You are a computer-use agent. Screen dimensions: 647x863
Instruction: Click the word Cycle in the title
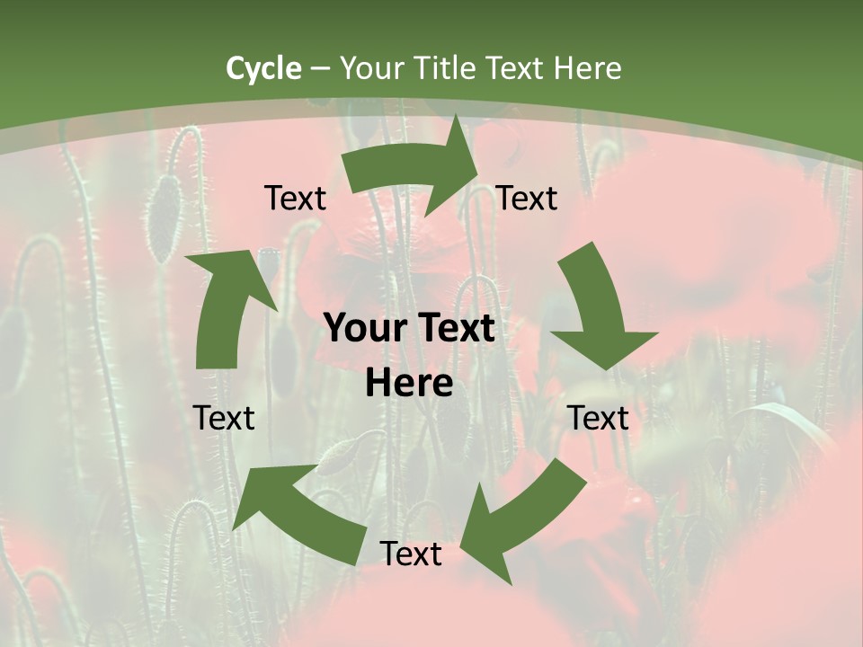pos(263,68)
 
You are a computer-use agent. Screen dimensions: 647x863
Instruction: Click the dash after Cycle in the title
pos(319,69)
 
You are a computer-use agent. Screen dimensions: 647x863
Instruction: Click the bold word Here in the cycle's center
pos(409,384)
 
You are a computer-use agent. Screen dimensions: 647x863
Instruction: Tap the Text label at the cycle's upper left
pos(295,199)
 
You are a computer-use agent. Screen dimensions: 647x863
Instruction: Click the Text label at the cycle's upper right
pos(527,199)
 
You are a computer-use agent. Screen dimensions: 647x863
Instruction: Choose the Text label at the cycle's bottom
pos(411,554)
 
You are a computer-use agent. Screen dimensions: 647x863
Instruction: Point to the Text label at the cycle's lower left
pos(224,418)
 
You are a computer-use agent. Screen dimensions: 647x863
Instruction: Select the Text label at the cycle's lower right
pos(599,418)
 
